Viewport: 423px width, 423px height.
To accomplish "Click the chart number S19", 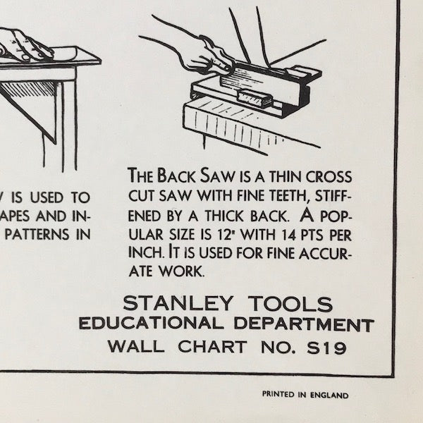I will [x=329, y=347].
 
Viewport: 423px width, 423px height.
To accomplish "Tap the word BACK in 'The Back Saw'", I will [x=181, y=175].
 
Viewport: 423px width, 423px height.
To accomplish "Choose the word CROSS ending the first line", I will [x=326, y=175].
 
